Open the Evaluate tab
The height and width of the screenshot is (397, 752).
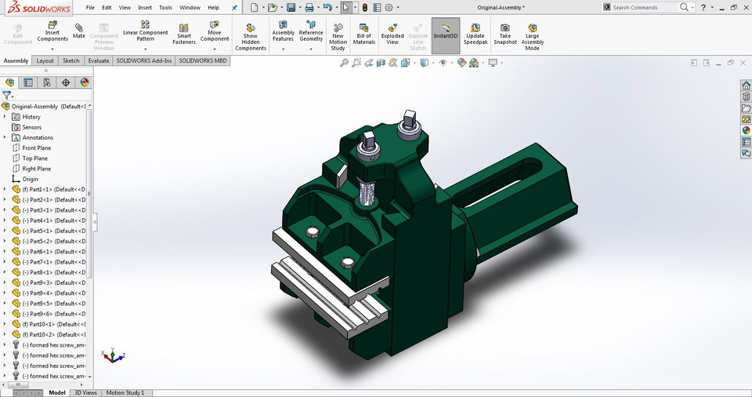99,60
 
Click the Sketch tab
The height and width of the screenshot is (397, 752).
70,60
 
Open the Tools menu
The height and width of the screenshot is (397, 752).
165,7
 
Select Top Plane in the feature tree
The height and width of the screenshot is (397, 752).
34,158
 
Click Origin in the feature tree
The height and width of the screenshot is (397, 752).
30,179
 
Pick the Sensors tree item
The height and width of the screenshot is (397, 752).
31,127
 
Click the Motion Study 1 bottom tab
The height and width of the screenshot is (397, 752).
125,392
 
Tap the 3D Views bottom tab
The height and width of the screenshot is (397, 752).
85,392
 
